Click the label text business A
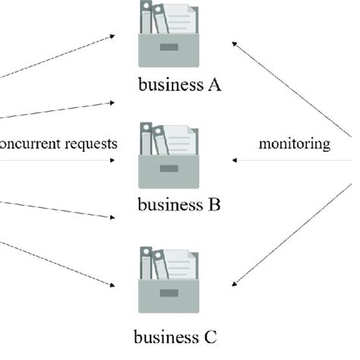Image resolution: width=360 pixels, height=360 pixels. point(180,85)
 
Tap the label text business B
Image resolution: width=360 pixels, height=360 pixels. point(180,205)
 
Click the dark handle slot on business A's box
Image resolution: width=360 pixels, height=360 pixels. point(169,49)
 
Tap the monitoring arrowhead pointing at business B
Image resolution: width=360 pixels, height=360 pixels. point(234,160)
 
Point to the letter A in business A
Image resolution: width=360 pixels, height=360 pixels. point(216,85)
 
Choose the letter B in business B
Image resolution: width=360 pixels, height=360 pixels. point(215,205)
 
